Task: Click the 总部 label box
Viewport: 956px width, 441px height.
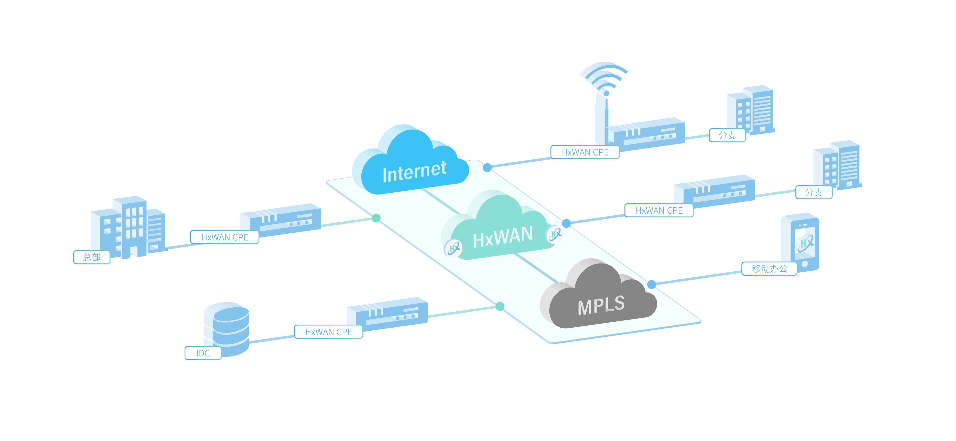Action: coord(92,257)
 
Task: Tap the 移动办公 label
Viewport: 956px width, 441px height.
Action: coord(769,268)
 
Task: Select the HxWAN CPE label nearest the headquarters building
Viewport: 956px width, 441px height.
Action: coord(225,237)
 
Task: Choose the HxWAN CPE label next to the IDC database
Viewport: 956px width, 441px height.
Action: coord(328,332)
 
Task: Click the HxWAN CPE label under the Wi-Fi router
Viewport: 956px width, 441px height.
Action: coord(585,152)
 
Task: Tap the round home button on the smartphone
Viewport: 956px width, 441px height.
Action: coord(805,264)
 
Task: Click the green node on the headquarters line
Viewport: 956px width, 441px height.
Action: coord(376,218)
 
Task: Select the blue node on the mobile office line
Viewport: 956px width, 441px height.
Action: coord(651,285)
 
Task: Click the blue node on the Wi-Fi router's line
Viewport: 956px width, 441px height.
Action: coord(487,168)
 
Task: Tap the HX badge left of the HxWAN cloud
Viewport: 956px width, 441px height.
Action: coord(453,248)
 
